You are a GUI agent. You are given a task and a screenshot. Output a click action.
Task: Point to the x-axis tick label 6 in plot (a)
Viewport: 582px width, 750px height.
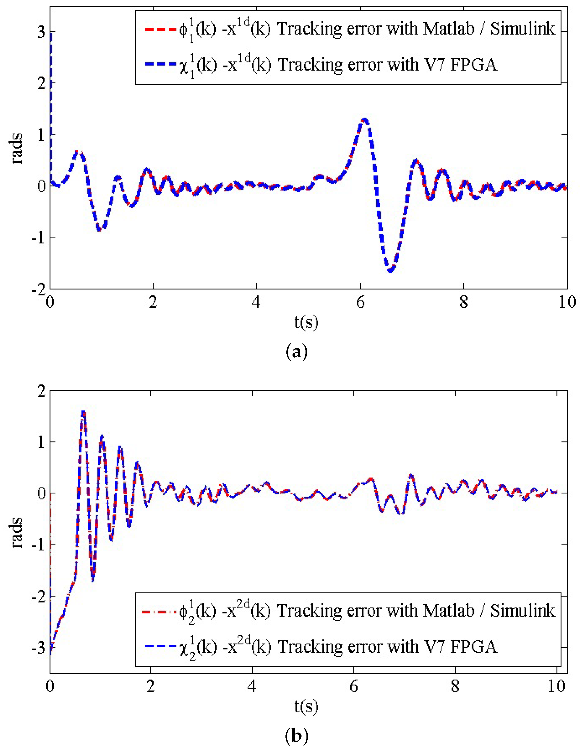pyautogui.click(x=360, y=303)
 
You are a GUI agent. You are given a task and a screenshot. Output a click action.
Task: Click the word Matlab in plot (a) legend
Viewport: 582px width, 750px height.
pyautogui.click(x=448, y=29)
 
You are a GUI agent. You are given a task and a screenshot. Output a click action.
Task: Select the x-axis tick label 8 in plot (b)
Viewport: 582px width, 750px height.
pyautogui.click(x=455, y=686)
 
